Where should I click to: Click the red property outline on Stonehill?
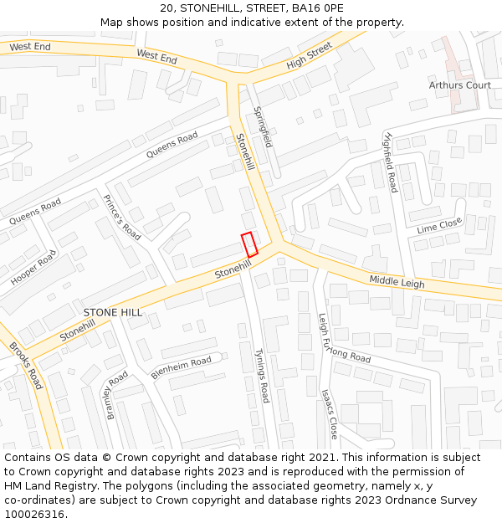point(249,244)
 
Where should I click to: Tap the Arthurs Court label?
point(459,85)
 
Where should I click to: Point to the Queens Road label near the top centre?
point(172,145)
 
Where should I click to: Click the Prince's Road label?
point(121,217)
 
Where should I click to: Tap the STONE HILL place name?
point(112,312)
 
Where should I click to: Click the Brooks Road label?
point(26,366)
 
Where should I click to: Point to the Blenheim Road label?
point(181,367)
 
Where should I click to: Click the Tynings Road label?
point(263,376)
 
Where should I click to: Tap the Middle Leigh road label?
point(397,281)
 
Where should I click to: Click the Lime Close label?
point(438,225)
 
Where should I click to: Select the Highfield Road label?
point(390,162)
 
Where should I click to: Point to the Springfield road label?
point(263,126)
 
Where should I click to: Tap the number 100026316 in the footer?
point(36,515)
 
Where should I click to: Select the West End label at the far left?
point(30,46)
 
